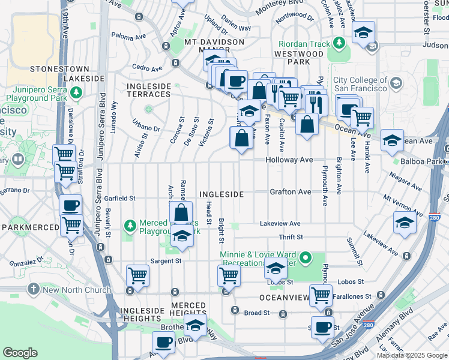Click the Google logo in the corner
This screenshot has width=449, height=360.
(x=20, y=353)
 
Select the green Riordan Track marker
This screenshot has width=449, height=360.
(x=339, y=43)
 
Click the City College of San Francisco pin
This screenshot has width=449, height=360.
(x=396, y=85)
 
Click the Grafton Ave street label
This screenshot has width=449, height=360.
(x=290, y=192)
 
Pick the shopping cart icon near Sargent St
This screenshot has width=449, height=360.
(x=137, y=276)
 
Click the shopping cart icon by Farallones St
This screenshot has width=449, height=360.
(x=321, y=295)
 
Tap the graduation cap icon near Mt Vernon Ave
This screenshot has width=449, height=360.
(x=405, y=223)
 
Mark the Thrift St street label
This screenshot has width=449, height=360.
(x=291, y=238)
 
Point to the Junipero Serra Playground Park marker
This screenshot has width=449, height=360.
(x=76, y=92)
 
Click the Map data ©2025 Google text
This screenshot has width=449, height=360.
(x=411, y=355)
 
